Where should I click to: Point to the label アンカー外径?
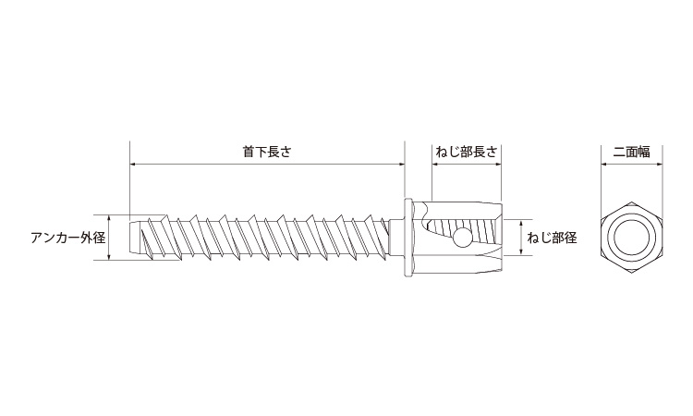coord(67,238)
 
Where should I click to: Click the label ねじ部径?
coord(553,238)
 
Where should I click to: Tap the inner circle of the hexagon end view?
coord(633,239)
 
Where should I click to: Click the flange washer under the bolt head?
coord(407,239)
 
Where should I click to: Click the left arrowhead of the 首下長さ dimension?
coord(133,165)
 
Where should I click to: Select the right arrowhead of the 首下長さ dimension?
coord(401,165)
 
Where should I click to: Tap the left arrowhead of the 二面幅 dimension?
coord(606,165)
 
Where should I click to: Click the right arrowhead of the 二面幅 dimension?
coord(660,165)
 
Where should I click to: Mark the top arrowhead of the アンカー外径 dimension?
coord(110,218)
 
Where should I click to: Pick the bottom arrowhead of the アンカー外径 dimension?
coord(110,259)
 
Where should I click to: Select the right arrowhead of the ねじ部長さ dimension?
coord(499,165)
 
